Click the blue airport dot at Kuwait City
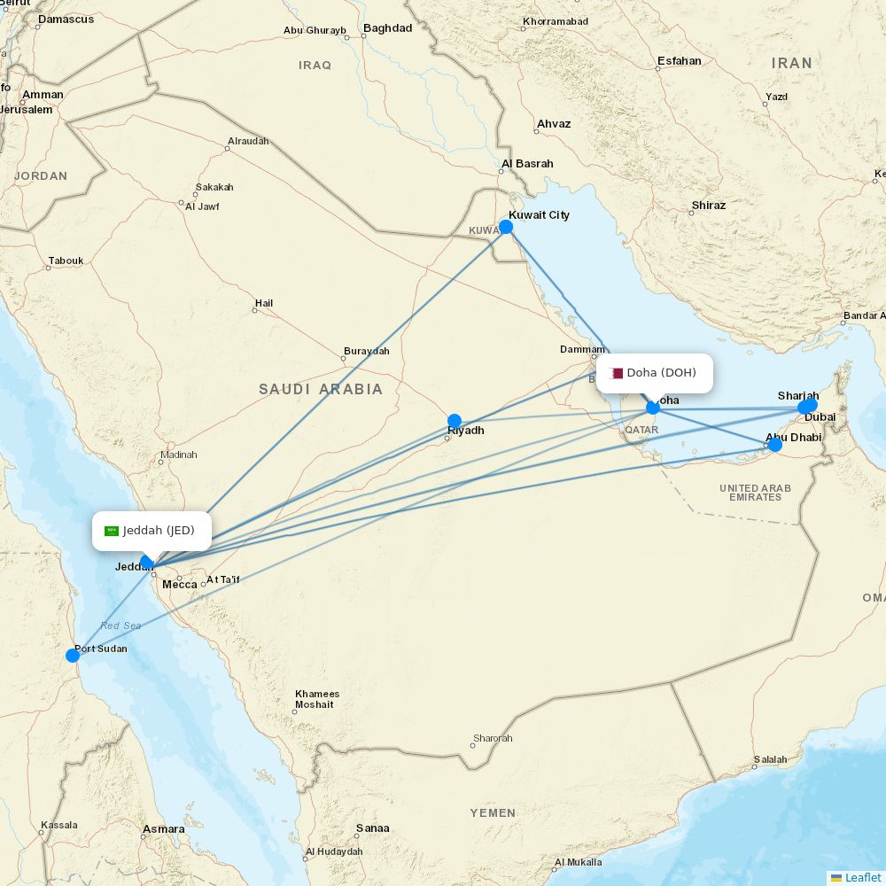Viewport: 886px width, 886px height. point(506,227)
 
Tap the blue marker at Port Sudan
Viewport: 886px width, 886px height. point(73,656)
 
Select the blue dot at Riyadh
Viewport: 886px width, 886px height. point(455,421)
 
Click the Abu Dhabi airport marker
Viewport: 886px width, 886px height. point(775,444)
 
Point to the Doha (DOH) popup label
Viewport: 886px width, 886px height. point(655,373)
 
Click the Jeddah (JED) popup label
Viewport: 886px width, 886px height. point(152,531)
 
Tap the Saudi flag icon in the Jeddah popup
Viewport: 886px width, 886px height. point(112,531)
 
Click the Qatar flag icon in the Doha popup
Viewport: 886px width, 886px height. point(617,373)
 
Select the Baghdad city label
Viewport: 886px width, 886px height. point(387,28)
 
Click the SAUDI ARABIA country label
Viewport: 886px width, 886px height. point(321,389)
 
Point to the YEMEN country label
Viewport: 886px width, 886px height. point(493,812)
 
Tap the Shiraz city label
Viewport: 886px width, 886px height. point(708,206)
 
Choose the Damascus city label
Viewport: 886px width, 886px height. point(66,19)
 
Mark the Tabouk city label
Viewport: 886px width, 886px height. point(66,260)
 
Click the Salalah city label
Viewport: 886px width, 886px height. point(770,759)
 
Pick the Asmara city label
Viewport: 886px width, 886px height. point(163,830)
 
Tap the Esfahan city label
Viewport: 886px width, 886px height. point(679,61)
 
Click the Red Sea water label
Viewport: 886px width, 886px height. point(120,626)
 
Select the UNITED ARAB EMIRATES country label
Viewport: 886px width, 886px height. point(755,493)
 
